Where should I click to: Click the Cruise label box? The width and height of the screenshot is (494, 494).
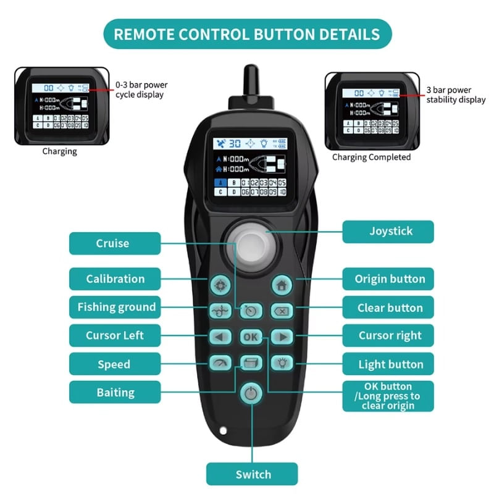(x=115, y=243)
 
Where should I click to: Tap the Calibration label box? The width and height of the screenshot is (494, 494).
(x=115, y=278)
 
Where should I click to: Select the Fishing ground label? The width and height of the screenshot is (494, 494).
(x=115, y=307)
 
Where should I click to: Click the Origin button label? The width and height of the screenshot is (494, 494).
(x=388, y=278)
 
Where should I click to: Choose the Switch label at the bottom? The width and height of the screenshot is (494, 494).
(x=252, y=474)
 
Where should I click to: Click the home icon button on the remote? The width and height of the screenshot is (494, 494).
(x=281, y=286)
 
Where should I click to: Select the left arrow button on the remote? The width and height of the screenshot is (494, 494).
(x=219, y=337)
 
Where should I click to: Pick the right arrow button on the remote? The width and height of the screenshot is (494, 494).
(x=282, y=337)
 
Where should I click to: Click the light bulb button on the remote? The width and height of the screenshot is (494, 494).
(x=282, y=363)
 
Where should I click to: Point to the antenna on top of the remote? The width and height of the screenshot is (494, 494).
(x=250, y=80)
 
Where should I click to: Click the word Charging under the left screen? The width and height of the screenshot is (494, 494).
(x=59, y=151)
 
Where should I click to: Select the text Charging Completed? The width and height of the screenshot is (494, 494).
(x=371, y=157)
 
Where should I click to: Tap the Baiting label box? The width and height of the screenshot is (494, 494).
(x=115, y=392)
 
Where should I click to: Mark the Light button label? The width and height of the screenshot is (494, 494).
(x=388, y=364)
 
